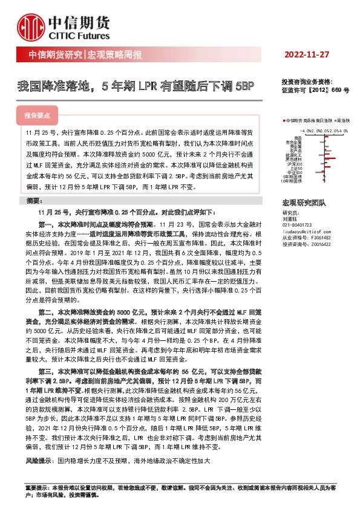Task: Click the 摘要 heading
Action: pyautogui.click(x=36, y=199)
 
